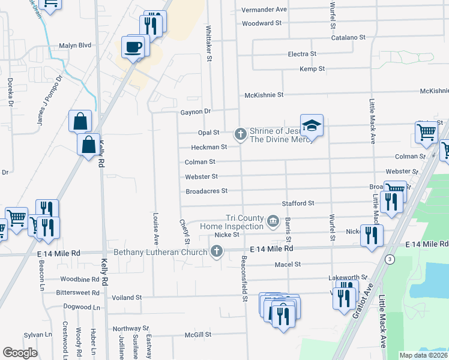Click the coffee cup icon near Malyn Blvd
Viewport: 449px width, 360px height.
pos(133,46)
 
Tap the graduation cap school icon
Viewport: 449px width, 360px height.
pos(312,125)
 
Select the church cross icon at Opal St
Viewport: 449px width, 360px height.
pos(241,133)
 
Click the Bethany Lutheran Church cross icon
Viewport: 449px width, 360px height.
pos(217,252)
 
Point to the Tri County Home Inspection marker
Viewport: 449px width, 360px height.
pos(273,221)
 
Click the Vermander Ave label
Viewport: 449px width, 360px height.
pos(264,10)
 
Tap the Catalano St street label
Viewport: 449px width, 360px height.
pos(349,37)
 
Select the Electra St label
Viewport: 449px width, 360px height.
pos(302,54)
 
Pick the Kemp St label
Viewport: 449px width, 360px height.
pos(312,69)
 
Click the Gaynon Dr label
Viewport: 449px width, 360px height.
pos(196,112)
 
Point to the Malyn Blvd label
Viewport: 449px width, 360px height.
pos(75,45)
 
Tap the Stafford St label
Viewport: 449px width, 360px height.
pos(298,203)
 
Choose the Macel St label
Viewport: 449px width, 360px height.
pos(288,264)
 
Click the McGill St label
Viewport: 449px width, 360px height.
pos(198,334)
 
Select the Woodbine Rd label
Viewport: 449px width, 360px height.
pos(79,280)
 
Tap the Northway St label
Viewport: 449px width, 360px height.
pos(130,328)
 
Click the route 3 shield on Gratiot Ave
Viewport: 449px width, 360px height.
pos(390,259)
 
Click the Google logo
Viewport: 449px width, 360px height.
pos(20,353)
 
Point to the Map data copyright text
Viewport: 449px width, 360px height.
pos(424,355)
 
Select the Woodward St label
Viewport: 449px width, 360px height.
pos(262,23)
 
